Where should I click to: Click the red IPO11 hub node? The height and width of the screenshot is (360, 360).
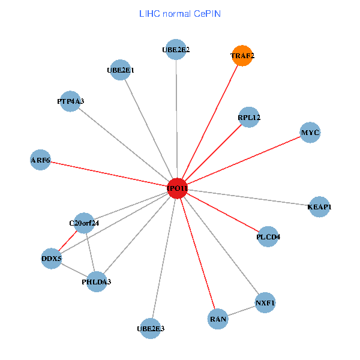coord(178,188)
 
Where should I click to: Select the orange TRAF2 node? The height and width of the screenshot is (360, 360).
coord(242,56)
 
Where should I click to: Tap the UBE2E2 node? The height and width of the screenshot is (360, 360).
coord(176,50)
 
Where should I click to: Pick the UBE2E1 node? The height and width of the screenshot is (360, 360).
coord(121,70)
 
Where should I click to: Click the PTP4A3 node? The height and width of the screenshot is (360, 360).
coord(71,101)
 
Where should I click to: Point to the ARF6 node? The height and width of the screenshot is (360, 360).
coord(40,160)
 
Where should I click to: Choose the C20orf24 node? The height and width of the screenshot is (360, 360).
coord(84,224)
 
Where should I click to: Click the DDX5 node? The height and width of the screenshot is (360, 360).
coord(52,259)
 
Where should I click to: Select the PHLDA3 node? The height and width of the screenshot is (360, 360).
coord(97,281)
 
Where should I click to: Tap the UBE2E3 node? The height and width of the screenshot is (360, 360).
coord(151,328)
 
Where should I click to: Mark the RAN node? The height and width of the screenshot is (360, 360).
coord(218,319)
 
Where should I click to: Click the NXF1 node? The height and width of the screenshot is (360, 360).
coord(265,302)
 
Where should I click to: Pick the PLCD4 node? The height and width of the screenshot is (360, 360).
coord(268,236)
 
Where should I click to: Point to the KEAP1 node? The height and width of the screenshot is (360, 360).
coord(319,207)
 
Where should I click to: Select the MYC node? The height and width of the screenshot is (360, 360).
coord(310,133)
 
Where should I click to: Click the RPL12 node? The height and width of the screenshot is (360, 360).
coord(249,118)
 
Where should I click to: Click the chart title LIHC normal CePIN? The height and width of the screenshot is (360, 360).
coord(180,13)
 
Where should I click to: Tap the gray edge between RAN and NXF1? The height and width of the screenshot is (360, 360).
coord(241,311)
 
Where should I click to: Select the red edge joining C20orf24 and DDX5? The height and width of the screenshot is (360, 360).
coord(68,241)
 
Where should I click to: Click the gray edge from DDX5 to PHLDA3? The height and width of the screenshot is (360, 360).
coord(74,269)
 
